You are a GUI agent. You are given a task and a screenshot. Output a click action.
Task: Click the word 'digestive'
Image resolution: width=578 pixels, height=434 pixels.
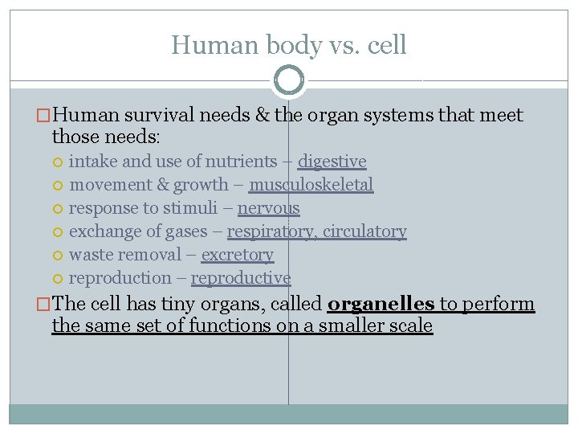pyautogui.click(x=332, y=162)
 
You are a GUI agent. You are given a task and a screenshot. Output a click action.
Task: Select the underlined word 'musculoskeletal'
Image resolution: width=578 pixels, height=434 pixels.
pyautogui.click(x=311, y=185)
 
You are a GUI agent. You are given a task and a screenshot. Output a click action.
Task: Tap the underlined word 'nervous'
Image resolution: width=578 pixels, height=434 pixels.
pyautogui.click(x=268, y=208)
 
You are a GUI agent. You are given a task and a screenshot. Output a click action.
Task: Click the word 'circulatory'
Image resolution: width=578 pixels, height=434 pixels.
pyautogui.click(x=364, y=231)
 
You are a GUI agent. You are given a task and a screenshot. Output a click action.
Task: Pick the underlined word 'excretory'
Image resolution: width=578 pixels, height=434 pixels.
pyautogui.click(x=237, y=255)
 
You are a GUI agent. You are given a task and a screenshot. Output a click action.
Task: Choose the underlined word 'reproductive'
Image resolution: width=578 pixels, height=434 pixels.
pyautogui.click(x=241, y=278)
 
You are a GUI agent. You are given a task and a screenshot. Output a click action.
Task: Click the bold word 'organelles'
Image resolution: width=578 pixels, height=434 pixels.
pyautogui.click(x=381, y=305)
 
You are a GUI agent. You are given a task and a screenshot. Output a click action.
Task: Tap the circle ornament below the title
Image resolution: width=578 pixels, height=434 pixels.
pyautogui.click(x=289, y=80)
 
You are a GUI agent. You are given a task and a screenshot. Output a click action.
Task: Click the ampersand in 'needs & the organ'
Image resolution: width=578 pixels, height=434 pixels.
pyautogui.click(x=261, y=116)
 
